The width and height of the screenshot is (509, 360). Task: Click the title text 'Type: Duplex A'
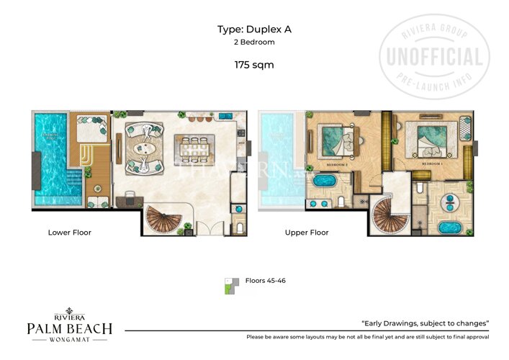(254, 30)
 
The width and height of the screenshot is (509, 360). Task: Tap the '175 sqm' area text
(254, 65)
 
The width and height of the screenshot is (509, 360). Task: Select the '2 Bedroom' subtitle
(254, 42)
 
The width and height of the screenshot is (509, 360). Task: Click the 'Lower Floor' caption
(70, 233)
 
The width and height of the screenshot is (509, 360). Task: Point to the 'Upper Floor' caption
(307, 233)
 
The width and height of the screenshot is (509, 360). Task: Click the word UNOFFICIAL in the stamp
(435, 57)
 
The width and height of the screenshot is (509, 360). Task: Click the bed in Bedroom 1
(431, 140)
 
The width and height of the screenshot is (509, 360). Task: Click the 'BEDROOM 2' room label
(337, 165)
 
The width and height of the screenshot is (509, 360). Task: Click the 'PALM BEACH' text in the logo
(70, 328)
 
